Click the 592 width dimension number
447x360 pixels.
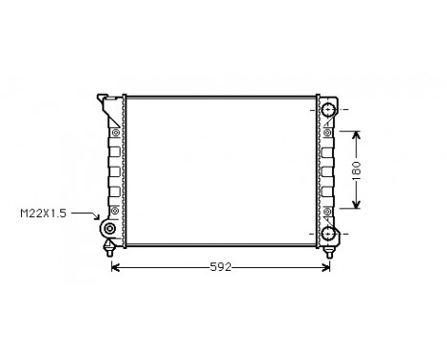(x=222, y=267)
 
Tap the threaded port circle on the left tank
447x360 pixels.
(x=109, y=232)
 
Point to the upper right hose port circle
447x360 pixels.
(x=330, y=111)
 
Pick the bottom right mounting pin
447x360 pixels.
(x=330, y=251)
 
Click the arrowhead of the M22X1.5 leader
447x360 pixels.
(x=98, y=220)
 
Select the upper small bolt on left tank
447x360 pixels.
(x=115, y=131)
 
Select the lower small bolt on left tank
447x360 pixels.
(x=115, y=209)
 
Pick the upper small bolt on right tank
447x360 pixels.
(x=326, y=131)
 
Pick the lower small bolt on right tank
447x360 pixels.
(x=326, y=209)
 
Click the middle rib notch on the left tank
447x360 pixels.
(x=114, y=170)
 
